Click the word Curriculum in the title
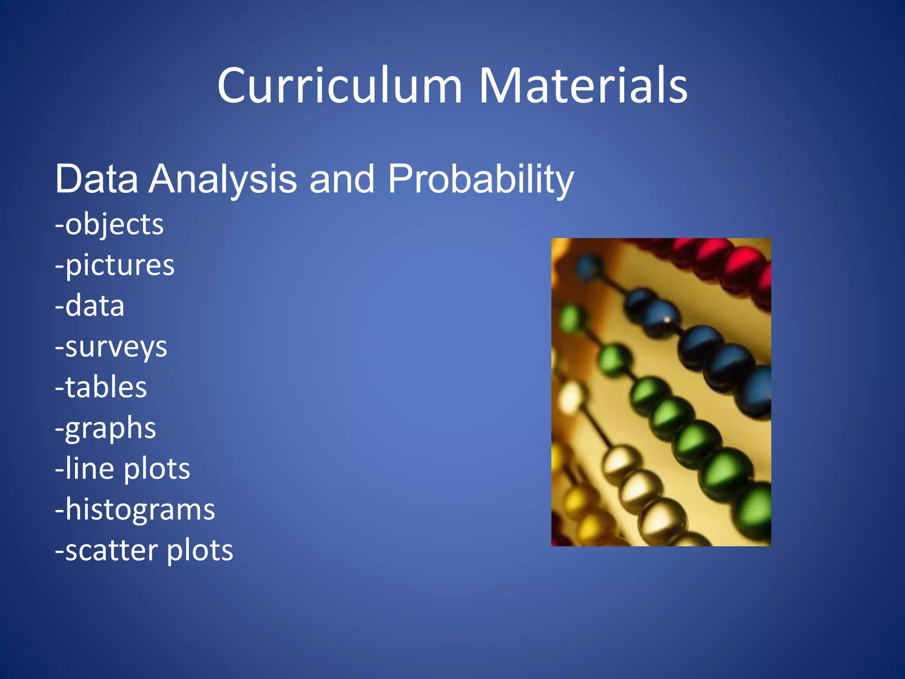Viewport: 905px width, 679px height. (x=339, y=86)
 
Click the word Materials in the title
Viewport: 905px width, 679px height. (x=583, y=86)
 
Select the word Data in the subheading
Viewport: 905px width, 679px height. (x=96, y=179)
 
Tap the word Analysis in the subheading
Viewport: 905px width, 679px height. (x=223, y=179)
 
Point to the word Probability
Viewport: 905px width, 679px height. (x=481, y=179)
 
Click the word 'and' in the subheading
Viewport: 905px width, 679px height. (x=342, y=179)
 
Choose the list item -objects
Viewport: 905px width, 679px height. (x=109, y=225)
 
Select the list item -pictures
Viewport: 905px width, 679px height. (x=114, y=265)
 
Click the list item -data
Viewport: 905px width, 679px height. (x=90, y=306)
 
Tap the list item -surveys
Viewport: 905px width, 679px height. (x=111, y=347)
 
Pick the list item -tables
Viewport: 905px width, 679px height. (x=101, y=387)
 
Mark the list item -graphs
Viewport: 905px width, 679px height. (x=106, y=428)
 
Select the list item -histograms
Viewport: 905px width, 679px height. (x=135, y=510)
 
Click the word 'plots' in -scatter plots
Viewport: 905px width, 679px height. (x=200, y=550)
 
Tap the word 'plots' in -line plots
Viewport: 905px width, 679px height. (x=157, y=469)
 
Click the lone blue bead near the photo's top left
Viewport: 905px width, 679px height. (x=588, y=267)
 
